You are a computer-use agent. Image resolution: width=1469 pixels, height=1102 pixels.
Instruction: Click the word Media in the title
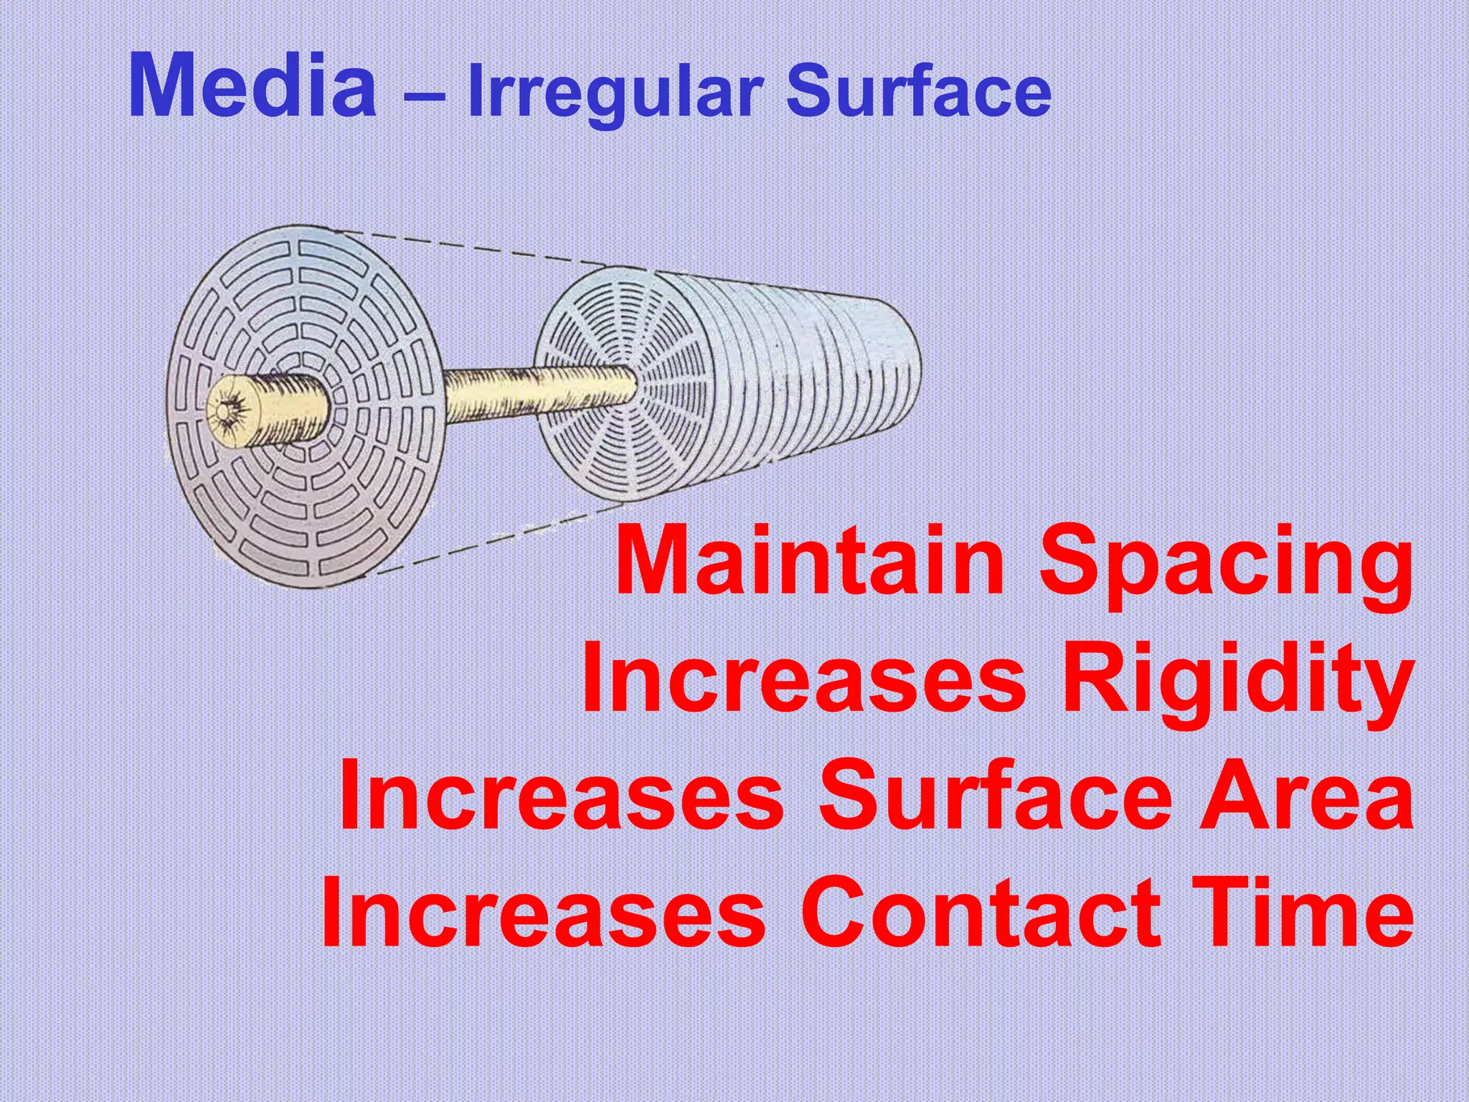pyautogui.click(x=252, y=88)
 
